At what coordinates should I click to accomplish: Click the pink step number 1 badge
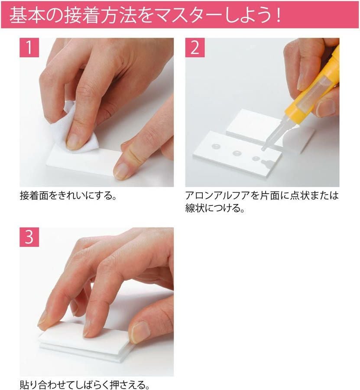pos(29,48)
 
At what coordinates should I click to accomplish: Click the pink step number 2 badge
pos(195,48)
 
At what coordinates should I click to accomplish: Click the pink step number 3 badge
pos(29,237)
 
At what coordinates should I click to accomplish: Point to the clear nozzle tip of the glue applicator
pos(263,149)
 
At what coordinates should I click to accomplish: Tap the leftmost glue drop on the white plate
pos(216,146)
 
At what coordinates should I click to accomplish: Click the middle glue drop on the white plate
pos(237,153)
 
